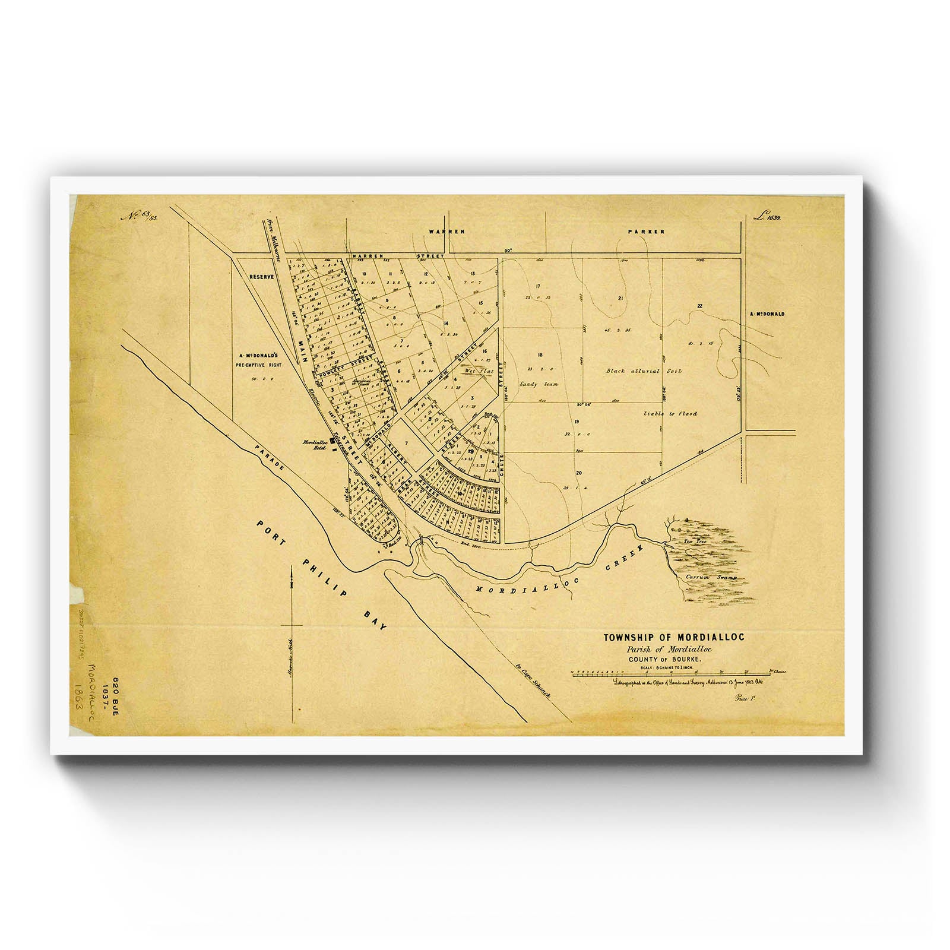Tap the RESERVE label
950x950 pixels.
260,277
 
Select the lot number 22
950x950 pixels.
700,306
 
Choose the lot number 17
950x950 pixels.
538,287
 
